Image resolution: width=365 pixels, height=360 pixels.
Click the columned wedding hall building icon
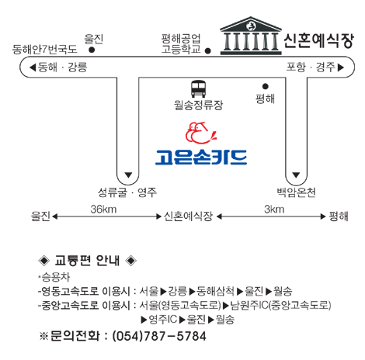click(251, 36)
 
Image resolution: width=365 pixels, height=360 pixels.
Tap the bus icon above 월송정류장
click(199, 89)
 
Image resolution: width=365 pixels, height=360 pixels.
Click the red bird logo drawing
click(200, 133)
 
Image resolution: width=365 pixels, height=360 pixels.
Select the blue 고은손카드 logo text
click(201, 157)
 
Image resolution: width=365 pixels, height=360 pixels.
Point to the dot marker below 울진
click(92, 50)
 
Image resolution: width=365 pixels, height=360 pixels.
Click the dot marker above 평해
click(266, 86)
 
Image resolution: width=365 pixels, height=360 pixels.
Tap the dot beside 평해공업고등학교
click(207, 51)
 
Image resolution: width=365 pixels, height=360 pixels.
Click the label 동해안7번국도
click(45, 49)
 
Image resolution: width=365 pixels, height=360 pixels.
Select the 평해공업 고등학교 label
click(181, 43)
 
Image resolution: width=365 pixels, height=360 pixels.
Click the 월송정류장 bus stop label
click(198, 105)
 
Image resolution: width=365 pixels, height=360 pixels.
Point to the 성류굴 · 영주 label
click(127, 192)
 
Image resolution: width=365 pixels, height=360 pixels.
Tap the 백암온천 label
click(296, 192)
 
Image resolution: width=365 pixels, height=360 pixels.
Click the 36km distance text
click(103, 209)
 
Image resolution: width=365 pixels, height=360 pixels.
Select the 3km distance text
click(274, 209)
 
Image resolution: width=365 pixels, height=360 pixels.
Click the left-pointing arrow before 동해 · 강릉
click(33, 67)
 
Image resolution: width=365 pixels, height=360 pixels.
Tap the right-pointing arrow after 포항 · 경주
click(341, 67)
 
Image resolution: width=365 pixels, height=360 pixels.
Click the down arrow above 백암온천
click(296, 175)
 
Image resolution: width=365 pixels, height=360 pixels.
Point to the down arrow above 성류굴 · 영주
click(128, 175)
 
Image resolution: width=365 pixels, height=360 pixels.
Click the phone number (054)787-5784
click(159, 336)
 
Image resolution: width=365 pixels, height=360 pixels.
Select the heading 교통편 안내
click(87, 261)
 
